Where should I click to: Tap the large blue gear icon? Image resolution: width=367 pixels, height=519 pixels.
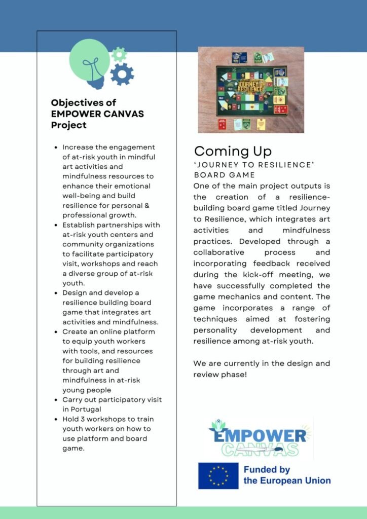[122, 74]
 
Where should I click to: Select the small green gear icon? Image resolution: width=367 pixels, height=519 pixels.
[119, 54]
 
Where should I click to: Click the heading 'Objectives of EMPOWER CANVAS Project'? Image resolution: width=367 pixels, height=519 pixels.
[97, 114]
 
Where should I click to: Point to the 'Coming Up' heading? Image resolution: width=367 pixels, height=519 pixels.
[233, 151]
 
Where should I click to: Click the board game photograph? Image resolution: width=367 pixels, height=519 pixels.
[251, 90]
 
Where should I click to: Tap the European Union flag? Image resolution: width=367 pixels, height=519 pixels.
[218, 475]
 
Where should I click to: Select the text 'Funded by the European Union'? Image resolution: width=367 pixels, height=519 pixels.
[287, 475]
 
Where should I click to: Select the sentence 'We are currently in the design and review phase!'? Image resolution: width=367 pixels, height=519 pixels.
[262, 369]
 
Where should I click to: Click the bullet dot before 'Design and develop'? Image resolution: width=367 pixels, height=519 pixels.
[55, 293]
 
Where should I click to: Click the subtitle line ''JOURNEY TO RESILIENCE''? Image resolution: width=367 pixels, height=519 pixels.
[254, 165]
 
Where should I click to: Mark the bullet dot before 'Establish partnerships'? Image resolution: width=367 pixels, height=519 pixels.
[55, 225]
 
